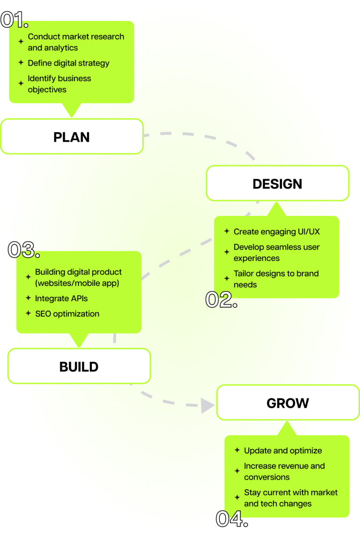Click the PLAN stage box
(71, 137)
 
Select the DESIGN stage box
(277, 184)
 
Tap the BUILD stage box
(78, 367)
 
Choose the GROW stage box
(287, 403)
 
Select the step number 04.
(232, 519)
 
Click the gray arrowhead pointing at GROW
(207, 405)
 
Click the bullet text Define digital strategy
(68, 63)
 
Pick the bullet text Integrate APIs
(61, 298)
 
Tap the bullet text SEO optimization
(67, 314)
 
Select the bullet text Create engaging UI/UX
(277, 231)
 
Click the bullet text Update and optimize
(283, 451)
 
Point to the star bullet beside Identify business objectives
(21, 84)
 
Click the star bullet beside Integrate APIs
(28, 298)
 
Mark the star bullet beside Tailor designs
(227, 279)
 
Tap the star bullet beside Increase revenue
(237, 471)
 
